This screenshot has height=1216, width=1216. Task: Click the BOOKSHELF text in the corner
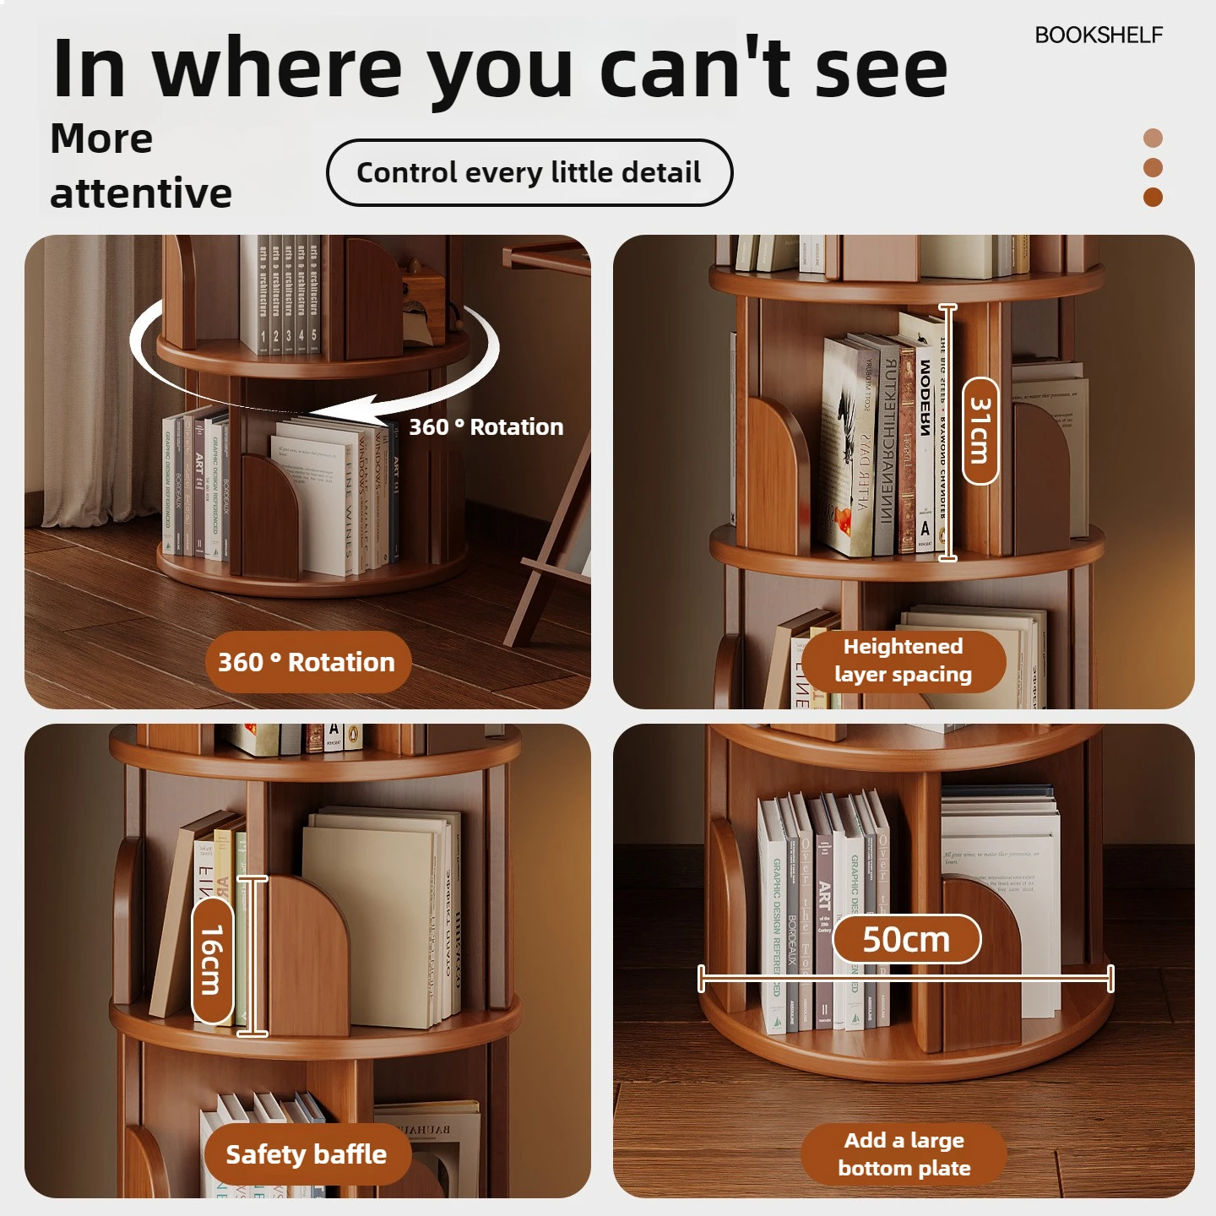coord(1098,35)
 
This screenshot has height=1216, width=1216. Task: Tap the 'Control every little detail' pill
coord(529,172)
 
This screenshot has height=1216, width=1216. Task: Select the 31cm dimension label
coord(980,432)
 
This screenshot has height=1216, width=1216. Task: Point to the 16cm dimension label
coord(212,960)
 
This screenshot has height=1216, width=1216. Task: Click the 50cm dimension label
coord(906,939)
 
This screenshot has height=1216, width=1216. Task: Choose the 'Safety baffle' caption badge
coord(306,1154)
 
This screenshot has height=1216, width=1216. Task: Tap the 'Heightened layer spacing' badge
coord(903,660)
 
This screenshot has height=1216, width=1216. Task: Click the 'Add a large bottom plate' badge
coord(904,1154)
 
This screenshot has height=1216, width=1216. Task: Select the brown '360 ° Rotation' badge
coord(307,662)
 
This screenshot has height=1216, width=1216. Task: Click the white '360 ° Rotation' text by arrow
coord(486,427)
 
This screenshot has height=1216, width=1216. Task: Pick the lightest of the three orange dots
coord(1153,138)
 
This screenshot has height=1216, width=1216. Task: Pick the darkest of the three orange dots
coord(1153,197)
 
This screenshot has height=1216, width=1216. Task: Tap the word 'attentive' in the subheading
coord(141,193)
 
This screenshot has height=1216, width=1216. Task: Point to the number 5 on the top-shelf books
coord(314,335)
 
